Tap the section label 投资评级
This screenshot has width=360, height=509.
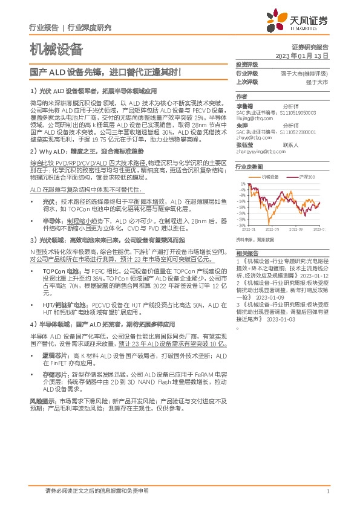tap(246, 65)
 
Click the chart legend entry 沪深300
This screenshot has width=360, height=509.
tap(308, 176)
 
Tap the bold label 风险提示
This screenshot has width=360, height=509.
tap(40, 400)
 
